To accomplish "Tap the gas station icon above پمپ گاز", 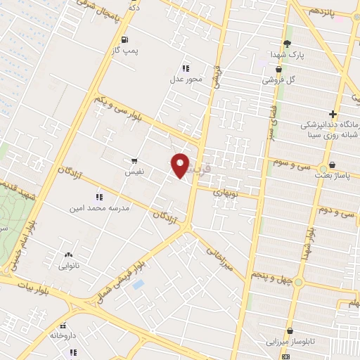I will click(x=125, y=40).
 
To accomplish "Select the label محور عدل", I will click(x=186, y=78).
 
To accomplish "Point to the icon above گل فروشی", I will click(x=280, y=69).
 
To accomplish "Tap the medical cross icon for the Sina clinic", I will click(x=333, y=115).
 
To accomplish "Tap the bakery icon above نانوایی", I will click(x=67, y=255).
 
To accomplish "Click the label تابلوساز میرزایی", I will click(x=290, y=342).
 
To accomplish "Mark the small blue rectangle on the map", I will click(x=137, y=285).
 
